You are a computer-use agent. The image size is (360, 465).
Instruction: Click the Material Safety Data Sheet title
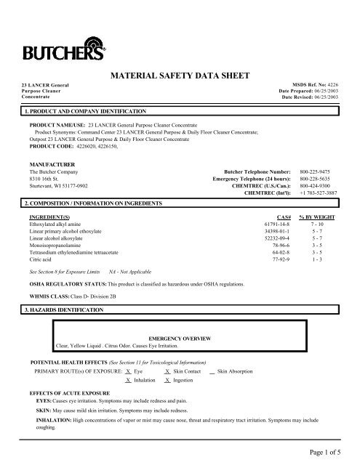coord(180,75)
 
